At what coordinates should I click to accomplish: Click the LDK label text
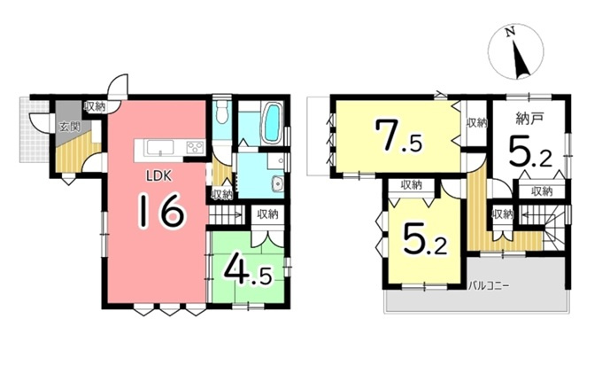[x=158, y=176]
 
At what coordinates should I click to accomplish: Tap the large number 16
[x=160, y=211]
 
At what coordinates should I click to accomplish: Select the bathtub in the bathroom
[x=273, y=123]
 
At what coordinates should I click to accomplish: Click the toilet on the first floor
[x=221, y=112]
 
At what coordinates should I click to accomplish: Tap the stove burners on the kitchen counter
[x=196, y=147]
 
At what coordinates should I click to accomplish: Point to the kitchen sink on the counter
[x=160, y=147]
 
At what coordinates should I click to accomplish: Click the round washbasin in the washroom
[x=278, y=183]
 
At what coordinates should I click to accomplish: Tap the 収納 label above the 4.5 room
[x=267, y=214]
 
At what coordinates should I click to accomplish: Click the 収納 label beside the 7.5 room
[x=477, y=123]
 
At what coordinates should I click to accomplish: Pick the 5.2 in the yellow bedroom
[x=425, y=240]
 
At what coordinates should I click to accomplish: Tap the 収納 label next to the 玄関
[x=95, y=107]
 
